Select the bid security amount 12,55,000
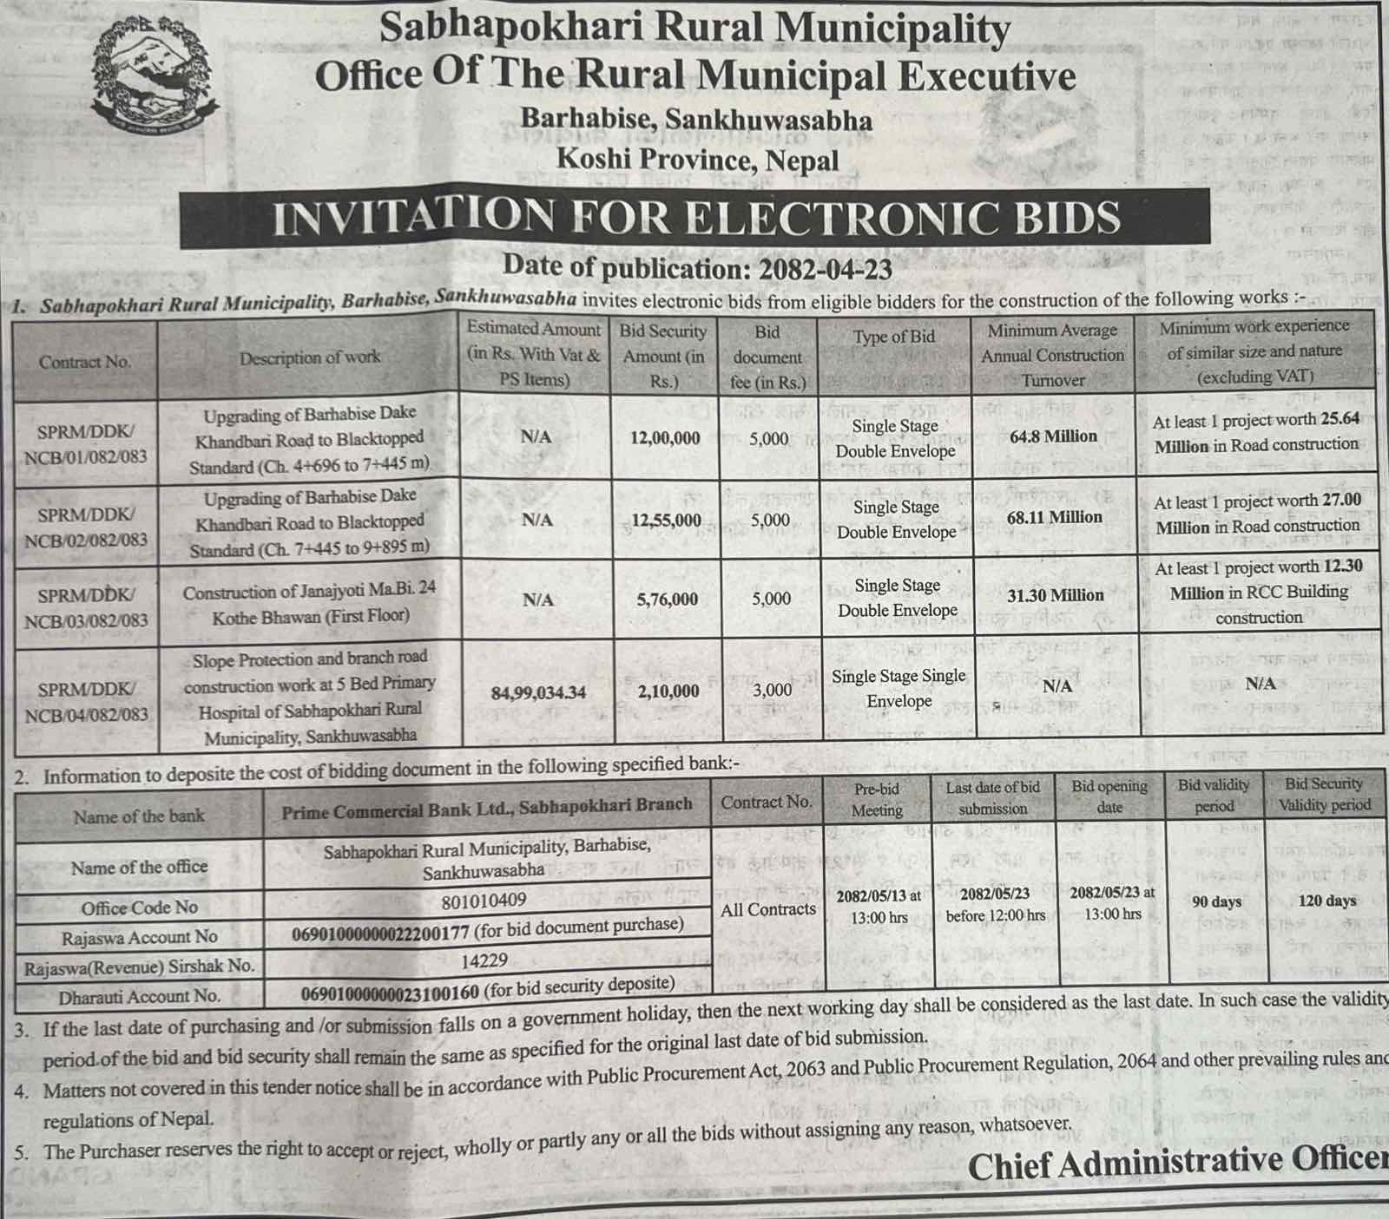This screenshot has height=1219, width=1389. pyautogui.click(x=666, y=521)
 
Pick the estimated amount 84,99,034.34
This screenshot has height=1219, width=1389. pyautogui.click(x=538, y=692)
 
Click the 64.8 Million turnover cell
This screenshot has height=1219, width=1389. pyautogui.click(x=1053, y=436)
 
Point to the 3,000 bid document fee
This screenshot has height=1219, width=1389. pyautogui.click(x=771, y=690)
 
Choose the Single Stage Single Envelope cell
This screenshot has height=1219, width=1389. pyautogui.click(x=898, y=688)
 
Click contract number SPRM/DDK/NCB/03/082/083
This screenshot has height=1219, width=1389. pyautogui.click(x=85, y=607)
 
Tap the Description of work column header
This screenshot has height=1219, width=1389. pyautogui.click(x=310, y=357)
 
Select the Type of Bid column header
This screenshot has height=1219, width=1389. pyautogui.click(x=894, y=337)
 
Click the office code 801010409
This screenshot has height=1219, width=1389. pyautogui.click(x=484, y=901)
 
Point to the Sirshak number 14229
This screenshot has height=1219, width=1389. pyautogui.click(x=485, y=960)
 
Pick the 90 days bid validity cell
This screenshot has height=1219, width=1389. pyautogui.click(x=1216, y=902)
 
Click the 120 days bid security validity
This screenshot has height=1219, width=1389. pyautogui.click(x=1326, y=901)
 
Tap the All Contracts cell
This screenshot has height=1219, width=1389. pyautogui.click(x=768, y=909)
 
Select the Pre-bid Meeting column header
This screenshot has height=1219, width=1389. pyautogui.click(x=876, y=799)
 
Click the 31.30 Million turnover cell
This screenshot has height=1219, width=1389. pyautogui.click(x=1055, y=595)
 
